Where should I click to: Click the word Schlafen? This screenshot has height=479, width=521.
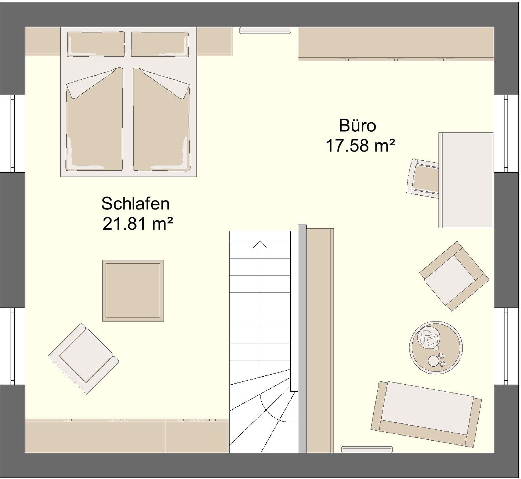[x=135, y=204]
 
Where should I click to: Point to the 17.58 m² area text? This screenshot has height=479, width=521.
[x=360, y=145]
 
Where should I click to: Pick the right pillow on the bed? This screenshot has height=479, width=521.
[x=160, y=44]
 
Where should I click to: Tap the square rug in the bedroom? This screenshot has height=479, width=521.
[x=133, y=291]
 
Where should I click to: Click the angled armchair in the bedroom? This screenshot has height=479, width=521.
[x=83, y=359]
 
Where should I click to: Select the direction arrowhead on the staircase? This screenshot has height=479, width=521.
[x=260, y=245]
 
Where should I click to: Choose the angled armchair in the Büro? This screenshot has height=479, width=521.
[x=454, y=276]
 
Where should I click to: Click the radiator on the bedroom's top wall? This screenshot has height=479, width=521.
[x=265, y=30]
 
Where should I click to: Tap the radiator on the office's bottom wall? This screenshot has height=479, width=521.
[x=367, y=449]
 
